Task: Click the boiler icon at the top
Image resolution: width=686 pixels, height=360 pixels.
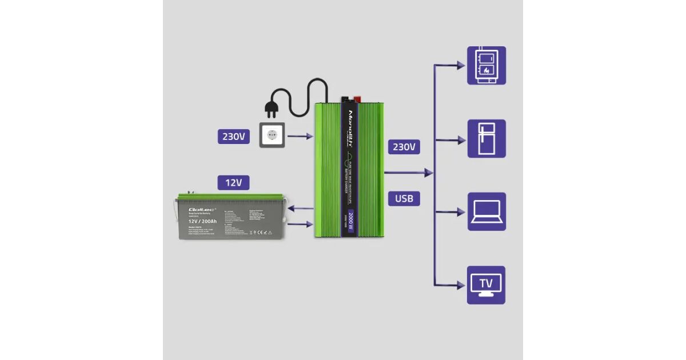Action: tap(486, 65)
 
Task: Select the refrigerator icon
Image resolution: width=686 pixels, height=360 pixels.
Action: tap(486, 138)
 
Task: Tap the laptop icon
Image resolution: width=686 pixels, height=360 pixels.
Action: tap(486, 211)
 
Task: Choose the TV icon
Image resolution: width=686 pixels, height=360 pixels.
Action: tap(486, 285)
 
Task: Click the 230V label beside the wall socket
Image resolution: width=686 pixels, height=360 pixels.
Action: tap(233, 137)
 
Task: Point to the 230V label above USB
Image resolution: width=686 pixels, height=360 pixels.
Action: tap(404, 147)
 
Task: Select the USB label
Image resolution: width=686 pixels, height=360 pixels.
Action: tap(404, 198)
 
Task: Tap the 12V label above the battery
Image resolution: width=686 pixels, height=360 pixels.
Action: tap(233, 183)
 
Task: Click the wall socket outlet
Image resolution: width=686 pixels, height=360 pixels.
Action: tap(272, 135)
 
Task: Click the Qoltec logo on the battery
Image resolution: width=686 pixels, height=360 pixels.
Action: tap(198, 210)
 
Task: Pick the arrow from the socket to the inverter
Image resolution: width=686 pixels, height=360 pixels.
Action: tap(301, 137)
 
